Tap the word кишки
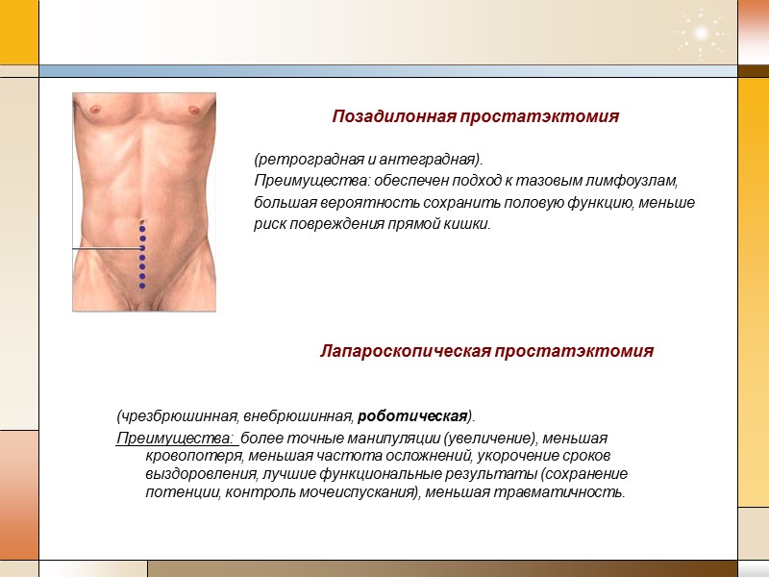(468, 225)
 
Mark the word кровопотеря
(189, 457)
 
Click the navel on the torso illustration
(142, 222)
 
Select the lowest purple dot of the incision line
(142, 286)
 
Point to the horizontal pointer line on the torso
(107, 249)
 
